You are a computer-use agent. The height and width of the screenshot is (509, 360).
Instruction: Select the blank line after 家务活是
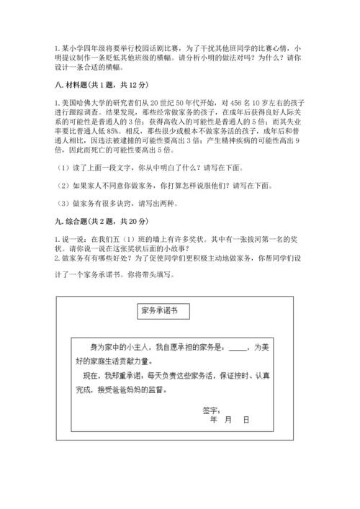tap(237, 347)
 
